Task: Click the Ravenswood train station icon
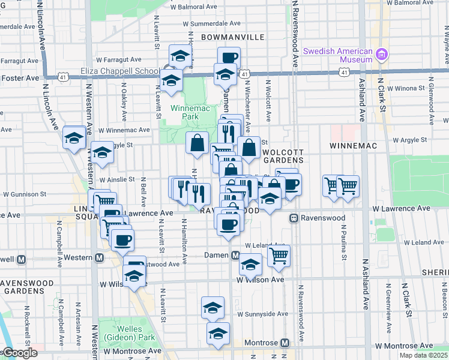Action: (x=294, y=218)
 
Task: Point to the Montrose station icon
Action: (x=285, y=343)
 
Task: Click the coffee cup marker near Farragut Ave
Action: (x=228, y=58)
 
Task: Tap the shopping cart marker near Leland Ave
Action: (x=279, y=255)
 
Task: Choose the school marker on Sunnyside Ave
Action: (x=212, y=308)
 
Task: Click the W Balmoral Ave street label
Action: (x=412, y=3)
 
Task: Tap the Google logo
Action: (x=20, y=353)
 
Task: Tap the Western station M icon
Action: (x=100, y=258)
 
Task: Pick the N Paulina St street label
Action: (x=344, y=242)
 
